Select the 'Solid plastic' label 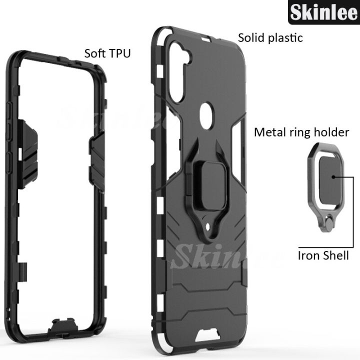point(270,37)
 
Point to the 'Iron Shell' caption point(323,255)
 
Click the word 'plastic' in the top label point(285,37)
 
